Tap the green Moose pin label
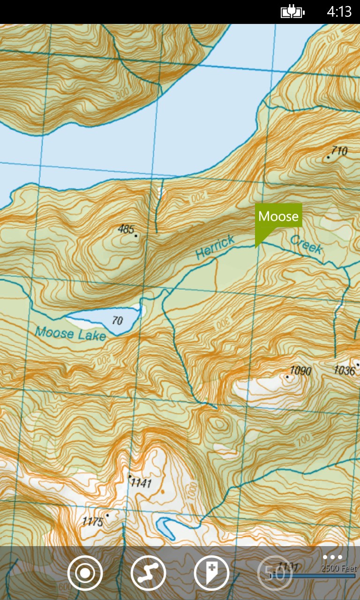[278, 216]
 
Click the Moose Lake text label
[70, 333]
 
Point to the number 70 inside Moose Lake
[117, 321]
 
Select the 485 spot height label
[126, 229]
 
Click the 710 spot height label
[338, 151]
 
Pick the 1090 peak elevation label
[300, 371]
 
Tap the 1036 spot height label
[344, 371]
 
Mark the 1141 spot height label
[142, 482]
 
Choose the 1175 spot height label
[92, 521]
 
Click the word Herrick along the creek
[215, 248]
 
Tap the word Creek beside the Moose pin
[306, 244]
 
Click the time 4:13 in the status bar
[339, 12]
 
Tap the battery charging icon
[292, 12]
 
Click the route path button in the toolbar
[148, 573]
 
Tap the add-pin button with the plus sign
[211, 573]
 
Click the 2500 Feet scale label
[338, 568]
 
